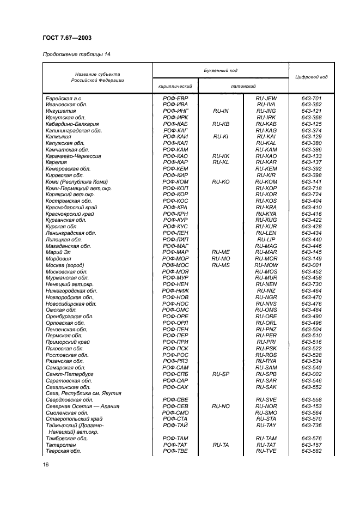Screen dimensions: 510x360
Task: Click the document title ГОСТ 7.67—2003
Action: (66, 38)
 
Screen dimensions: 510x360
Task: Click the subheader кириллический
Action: (175, 87)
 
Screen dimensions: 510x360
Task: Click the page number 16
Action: (45, 464)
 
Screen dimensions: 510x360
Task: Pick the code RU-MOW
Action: (266, 265)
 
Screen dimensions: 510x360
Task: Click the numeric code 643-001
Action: (311, 265)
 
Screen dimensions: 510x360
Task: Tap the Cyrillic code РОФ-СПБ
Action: (175, 374)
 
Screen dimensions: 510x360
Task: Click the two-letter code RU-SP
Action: (220, 374)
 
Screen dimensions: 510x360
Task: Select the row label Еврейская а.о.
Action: (64, 98)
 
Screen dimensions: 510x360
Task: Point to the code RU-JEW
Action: (266, 98)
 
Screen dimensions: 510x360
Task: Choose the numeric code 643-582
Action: (311, 451)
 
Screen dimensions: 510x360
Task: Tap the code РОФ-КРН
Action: (175, 214)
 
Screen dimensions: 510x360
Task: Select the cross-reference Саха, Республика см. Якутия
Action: (83, 393)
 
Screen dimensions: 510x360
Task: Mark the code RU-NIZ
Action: (266, 290)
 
